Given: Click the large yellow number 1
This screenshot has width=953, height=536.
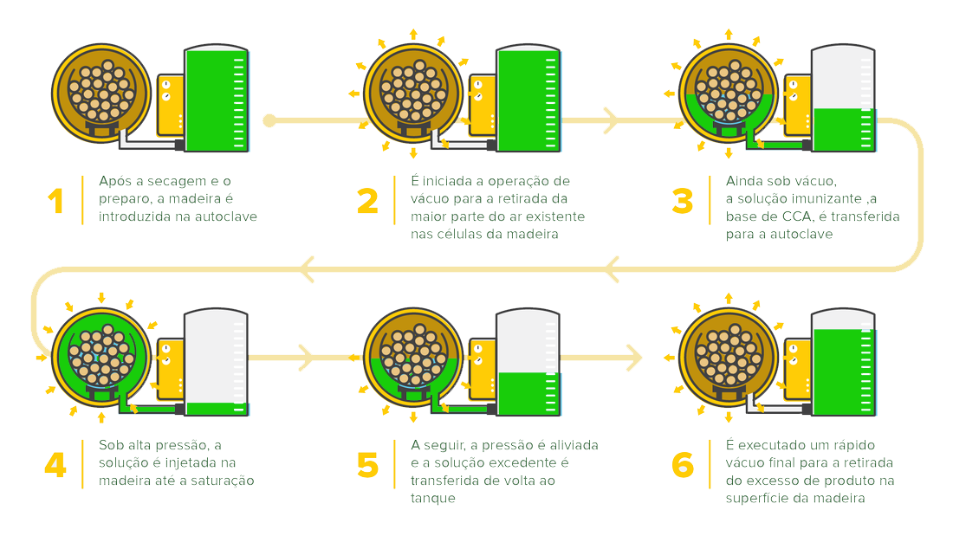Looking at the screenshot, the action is pos(56,201).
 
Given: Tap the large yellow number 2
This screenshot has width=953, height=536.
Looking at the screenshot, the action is pos(367,201).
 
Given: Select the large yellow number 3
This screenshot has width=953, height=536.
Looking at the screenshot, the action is pos(683,201).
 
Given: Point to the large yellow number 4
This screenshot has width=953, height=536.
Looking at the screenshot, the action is pos(55,466).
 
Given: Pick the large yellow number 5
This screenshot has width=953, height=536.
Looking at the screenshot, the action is pos(367,466).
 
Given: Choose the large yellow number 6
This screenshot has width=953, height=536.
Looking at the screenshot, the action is pos(683,466).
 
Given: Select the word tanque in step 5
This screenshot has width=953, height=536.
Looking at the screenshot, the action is pos(432,498).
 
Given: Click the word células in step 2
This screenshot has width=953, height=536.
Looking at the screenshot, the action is pos(461,234).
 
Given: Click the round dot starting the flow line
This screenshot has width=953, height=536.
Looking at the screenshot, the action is pos(269,120).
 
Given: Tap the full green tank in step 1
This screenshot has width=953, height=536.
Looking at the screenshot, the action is pos(217,99).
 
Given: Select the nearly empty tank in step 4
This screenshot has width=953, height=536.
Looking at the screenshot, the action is pos(216,362).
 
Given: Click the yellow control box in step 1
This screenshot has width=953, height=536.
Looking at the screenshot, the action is pos(171,105).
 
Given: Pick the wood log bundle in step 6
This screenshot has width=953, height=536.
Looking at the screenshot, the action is pos(728,358).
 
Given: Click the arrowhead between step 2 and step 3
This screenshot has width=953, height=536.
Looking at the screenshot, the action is pos(611,120).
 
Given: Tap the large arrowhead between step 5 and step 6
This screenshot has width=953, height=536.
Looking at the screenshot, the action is pos(634,358).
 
